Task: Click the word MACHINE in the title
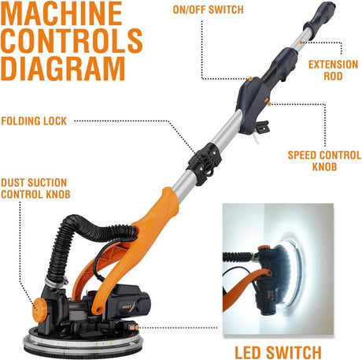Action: [61, 13]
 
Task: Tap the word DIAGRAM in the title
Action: [63, 69]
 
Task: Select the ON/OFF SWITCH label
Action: [209, 9]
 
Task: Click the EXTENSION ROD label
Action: [333, 70]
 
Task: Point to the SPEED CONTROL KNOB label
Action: [324, 161]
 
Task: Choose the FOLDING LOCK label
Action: [34, 121]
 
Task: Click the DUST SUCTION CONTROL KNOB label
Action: [35, 188]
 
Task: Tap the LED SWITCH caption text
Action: [278, 352]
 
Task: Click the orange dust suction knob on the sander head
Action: [39, 310]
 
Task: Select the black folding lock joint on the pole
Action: [205, 163]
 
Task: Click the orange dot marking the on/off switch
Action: [250, 79]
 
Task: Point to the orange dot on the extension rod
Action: [301, 42]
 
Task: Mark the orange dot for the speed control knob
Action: [269, 104]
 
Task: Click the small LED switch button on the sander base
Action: [131, 328]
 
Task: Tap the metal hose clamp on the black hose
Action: [55, 283]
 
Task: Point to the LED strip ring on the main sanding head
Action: [83, 341]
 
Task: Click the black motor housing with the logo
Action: [124, 302]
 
